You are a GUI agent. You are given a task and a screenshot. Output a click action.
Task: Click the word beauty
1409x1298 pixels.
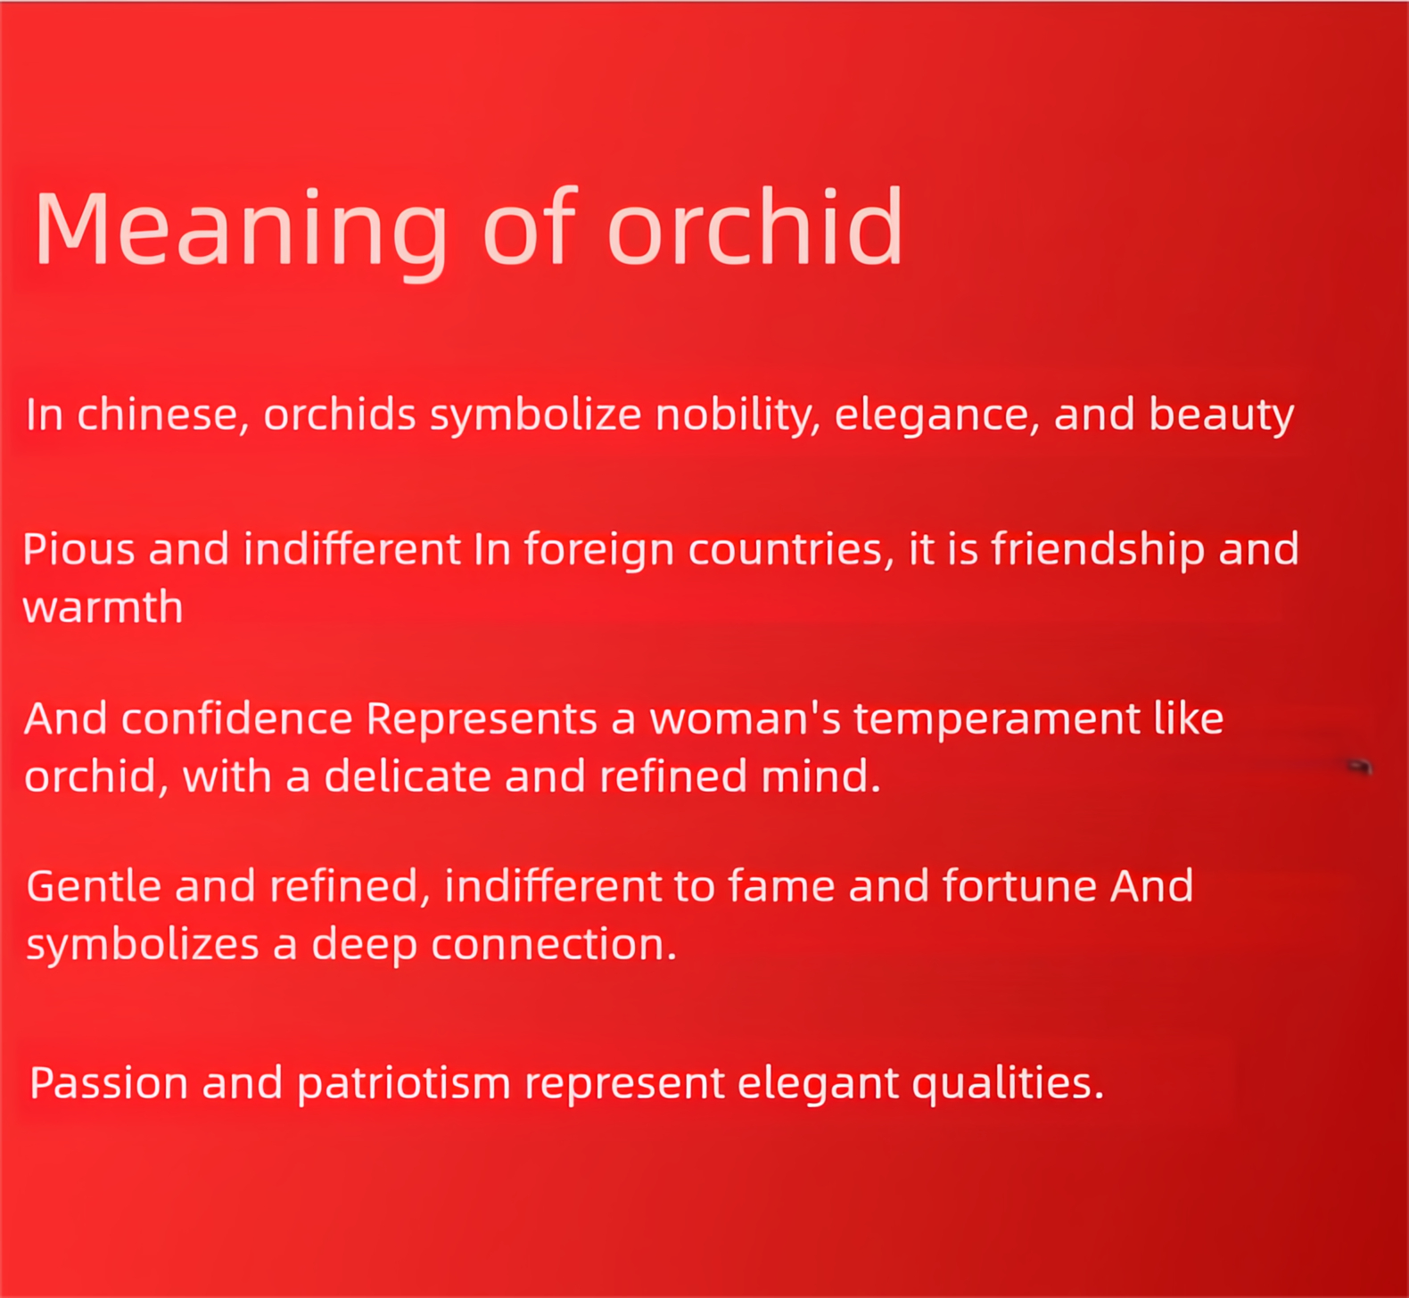click(x=1221, y=415)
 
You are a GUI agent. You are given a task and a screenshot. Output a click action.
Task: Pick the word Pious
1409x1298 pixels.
click(x=78, y=549)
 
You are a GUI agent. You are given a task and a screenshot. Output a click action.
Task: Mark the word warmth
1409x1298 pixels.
click(x=103, y=607)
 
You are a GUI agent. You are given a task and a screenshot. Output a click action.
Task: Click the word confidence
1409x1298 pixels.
click(x=237, y=719)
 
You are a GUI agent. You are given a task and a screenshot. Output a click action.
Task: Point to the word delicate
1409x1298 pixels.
click(x=408, y=776)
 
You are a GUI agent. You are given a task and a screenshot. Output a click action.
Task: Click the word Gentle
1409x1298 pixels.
click(x=95, y=886)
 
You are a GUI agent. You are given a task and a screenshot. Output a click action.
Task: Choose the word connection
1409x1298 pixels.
click(x=554, y=944)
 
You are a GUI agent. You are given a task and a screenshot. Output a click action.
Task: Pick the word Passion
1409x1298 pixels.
click(x=109, y=1083)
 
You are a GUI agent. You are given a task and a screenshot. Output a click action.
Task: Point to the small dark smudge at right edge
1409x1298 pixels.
click(x=1359, y=765)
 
